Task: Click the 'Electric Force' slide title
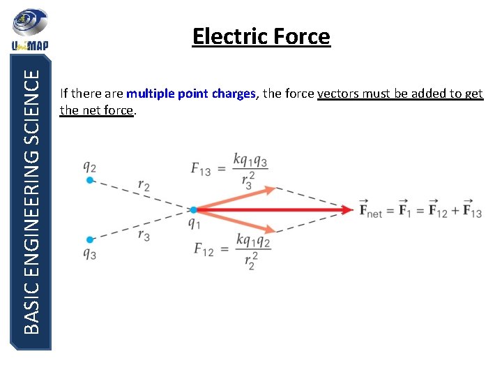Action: [x=261, y=36]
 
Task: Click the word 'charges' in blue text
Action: [x=235, y=94]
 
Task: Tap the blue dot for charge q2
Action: [x=89, y=180]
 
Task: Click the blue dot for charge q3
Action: [x=89, y=239]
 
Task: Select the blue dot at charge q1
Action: [x=193, y=209]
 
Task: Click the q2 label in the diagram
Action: [x=89, y=166]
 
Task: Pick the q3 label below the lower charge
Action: [x=89, y=253]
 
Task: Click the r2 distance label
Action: [x=144, y=185]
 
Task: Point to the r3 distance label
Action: [x=144, y=236]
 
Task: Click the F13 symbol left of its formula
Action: [x=202, y=168]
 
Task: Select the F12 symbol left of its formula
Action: [x=204, y=249]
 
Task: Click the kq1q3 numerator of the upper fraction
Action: [x=252, y=161]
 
